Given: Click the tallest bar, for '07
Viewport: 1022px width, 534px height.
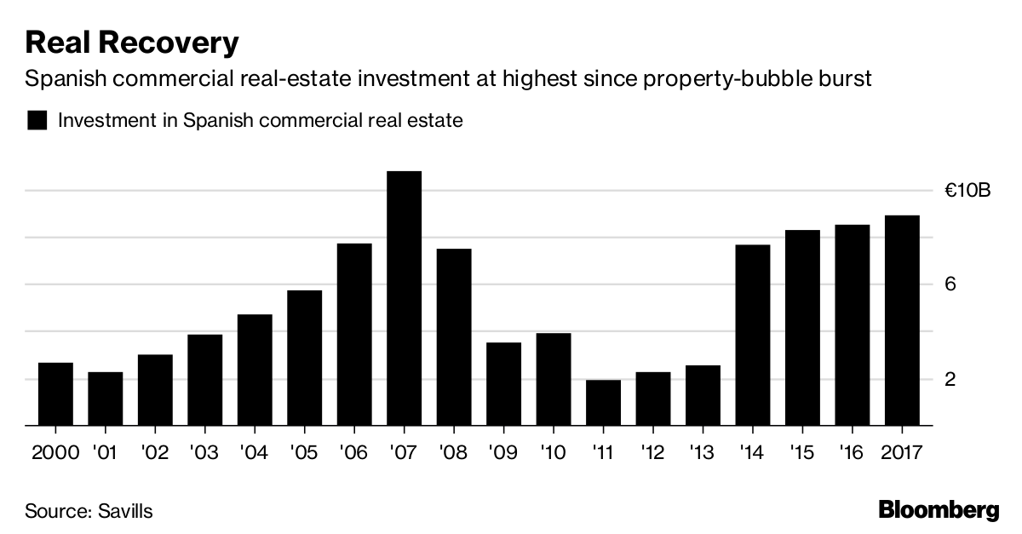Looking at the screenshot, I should [x=404, y=298].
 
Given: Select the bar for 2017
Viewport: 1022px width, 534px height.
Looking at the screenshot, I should [x=902, y=320].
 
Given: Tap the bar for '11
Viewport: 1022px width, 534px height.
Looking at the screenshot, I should [x=603, y=403].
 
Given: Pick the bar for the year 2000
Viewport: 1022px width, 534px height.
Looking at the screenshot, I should [x=55, y=393].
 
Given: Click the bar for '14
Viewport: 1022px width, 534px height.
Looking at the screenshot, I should [x=753, y=335].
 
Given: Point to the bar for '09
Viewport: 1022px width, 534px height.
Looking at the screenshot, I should [x=503, y=383].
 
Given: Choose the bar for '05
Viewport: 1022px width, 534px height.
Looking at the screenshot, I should [x=304, y=358].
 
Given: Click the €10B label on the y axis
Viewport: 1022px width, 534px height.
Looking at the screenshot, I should [x=967, y=191].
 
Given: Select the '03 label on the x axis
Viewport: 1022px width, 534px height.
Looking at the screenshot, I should [x=204, y=452].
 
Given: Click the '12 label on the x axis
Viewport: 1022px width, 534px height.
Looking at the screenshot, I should [x=653, y=452].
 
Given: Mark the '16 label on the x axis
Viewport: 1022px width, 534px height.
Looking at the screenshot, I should [x=852, y=452].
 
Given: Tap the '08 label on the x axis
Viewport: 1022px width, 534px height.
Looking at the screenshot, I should [x=454, y=452].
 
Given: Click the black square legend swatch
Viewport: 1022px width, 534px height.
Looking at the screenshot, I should [x=37, y=120].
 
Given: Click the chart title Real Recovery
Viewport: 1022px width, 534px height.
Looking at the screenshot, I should [x=132, y=42].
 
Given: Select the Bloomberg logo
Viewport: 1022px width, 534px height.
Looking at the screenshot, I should [x=939, y=511].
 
